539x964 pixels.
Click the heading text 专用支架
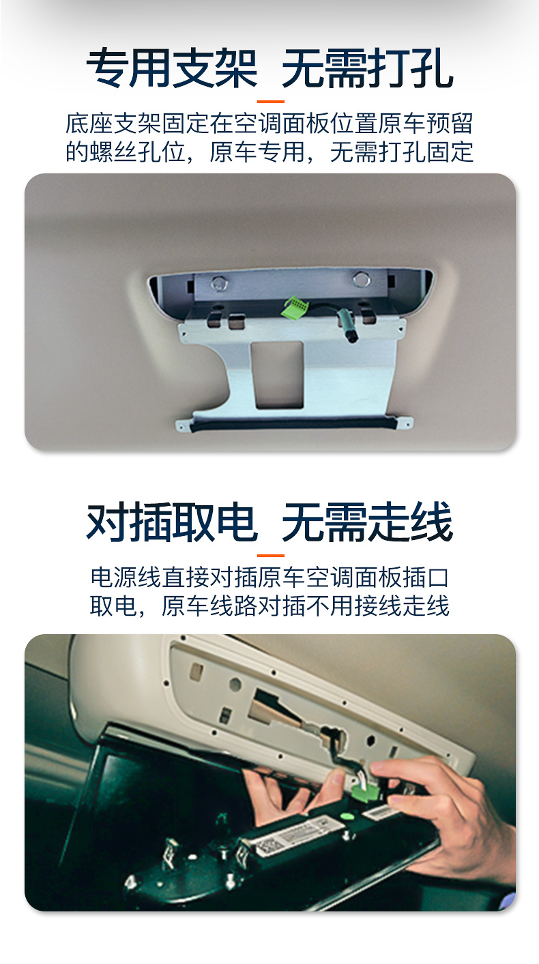coord(172,68)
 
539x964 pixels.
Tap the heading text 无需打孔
coord(367,68)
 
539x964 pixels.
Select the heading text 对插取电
coord(172,522)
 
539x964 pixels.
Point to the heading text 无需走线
coord(367,522)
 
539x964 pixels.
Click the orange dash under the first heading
coord(271,102)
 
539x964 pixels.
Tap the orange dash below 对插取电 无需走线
coord(271,556)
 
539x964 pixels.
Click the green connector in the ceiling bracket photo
coord(293,307)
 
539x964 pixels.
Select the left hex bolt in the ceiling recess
coord(220,283)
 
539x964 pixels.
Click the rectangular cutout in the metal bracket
coord(279,374)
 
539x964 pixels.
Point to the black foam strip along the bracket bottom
coord(293,423)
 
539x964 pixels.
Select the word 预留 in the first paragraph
coord(450,124)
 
